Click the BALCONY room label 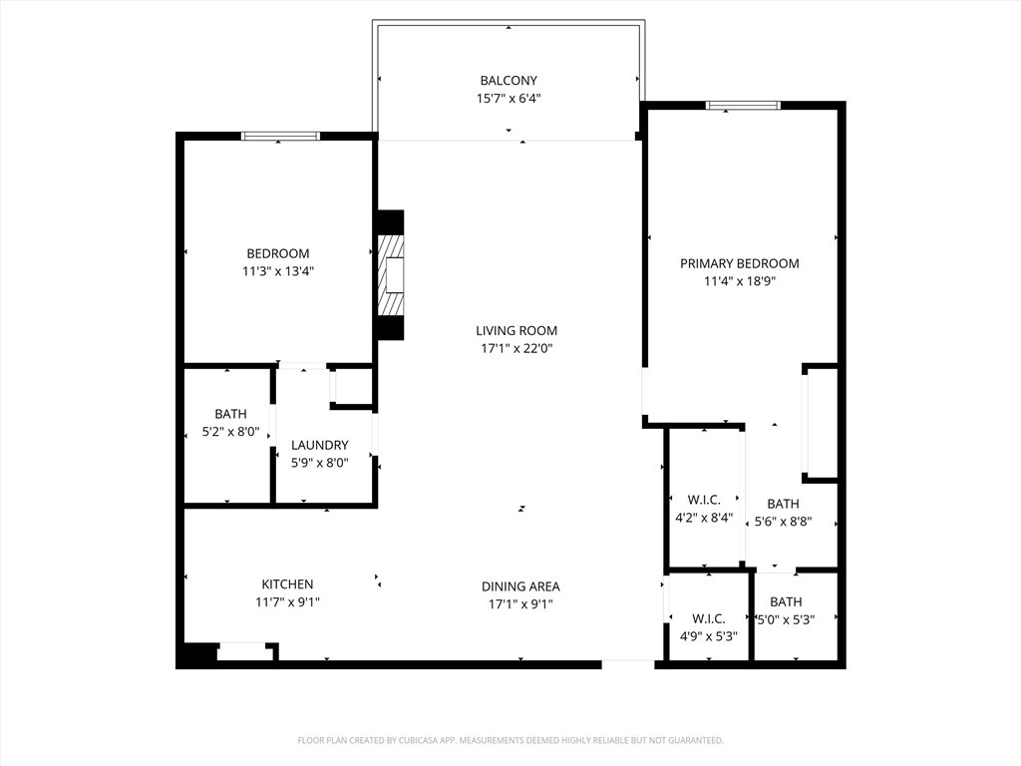pos(509,81)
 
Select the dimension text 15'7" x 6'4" pos(509,99)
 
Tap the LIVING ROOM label pos(515,331)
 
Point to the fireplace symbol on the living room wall pos(390,274)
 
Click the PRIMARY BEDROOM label pos(739,264)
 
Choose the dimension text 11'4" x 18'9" pos(739,281)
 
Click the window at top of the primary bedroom pos(743,105)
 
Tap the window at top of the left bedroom pos(280,136)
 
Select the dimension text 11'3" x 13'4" pos(278,270)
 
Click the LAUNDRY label pos(319,445)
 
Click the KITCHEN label pos(287,584)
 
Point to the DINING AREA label pos(520,586)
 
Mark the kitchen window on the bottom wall pos(242,651)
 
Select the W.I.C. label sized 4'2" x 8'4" pos(704,500)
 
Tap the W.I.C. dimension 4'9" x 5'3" pos(708,635)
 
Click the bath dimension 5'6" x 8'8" pos(783,521)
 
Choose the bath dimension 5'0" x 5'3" pos(785,618)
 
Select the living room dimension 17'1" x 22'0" pos(515,349)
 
